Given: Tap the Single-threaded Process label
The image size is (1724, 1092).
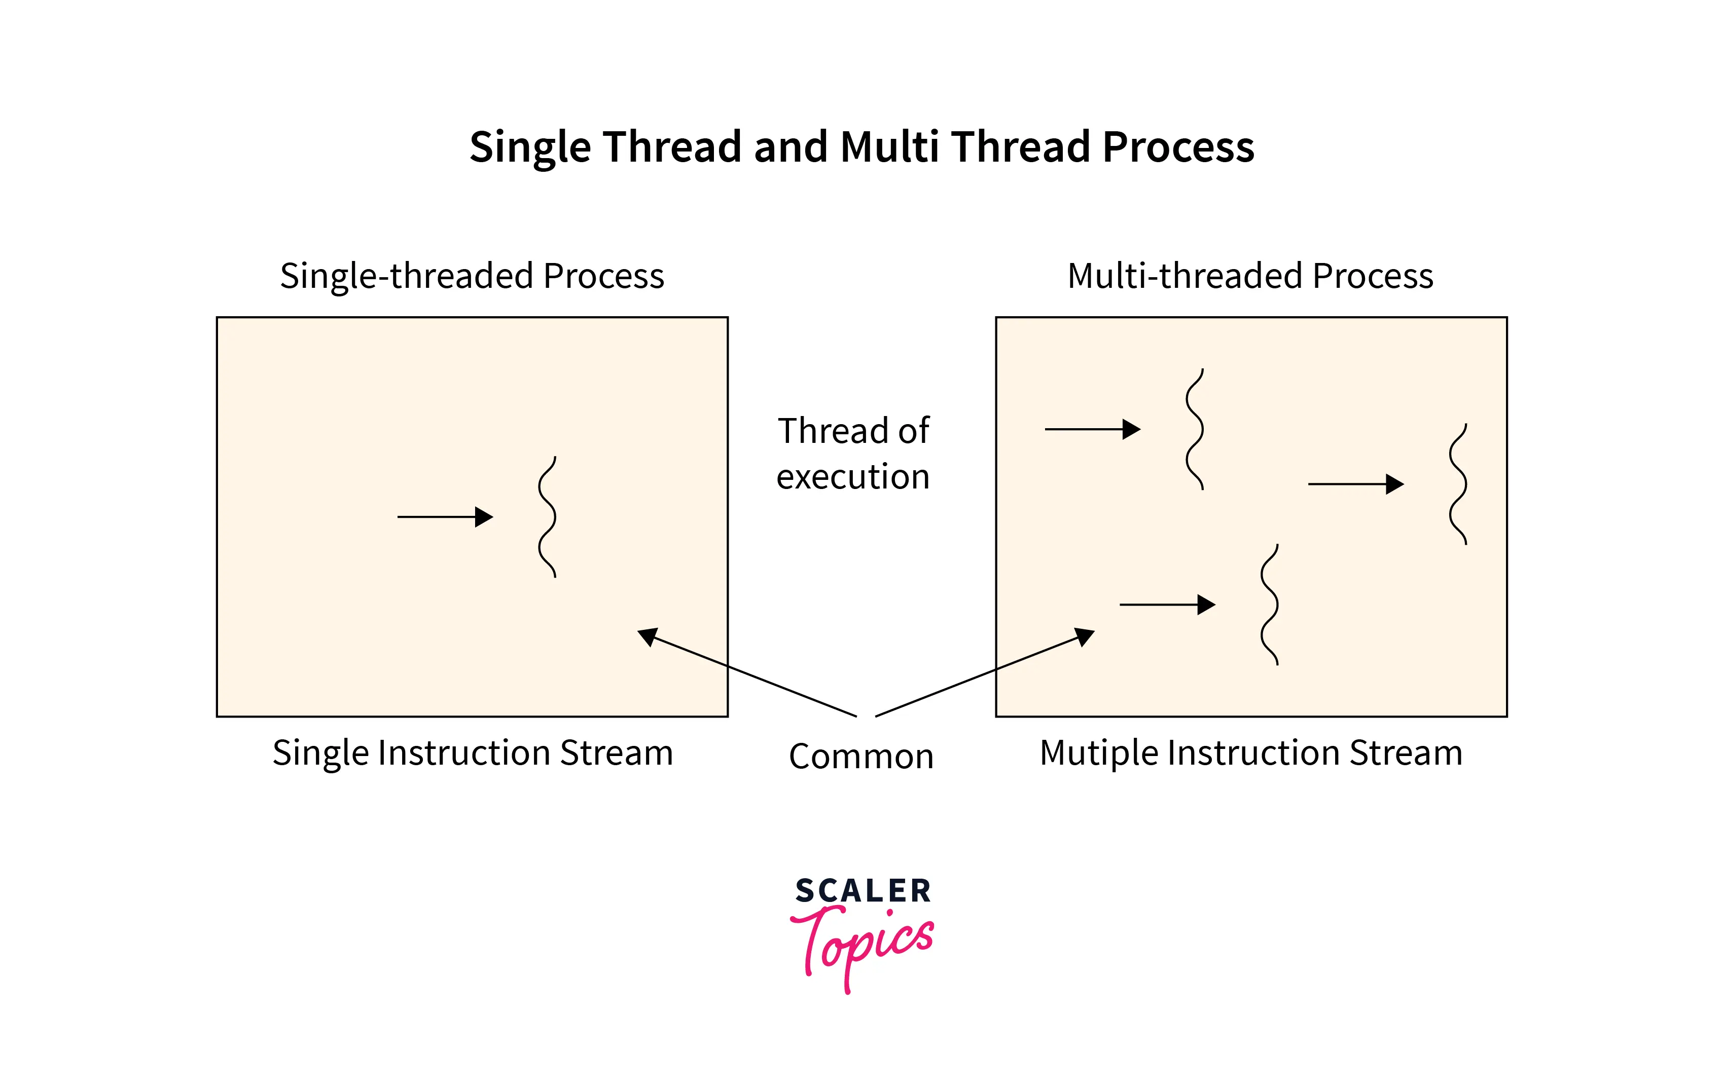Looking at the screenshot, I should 472,276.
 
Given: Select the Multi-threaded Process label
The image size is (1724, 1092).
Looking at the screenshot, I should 1250,276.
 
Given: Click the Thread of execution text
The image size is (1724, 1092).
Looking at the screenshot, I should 853,454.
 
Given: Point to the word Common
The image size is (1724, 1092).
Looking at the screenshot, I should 861,757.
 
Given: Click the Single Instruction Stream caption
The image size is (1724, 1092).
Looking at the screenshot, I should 473,753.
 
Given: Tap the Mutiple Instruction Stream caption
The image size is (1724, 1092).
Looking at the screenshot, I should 1251,753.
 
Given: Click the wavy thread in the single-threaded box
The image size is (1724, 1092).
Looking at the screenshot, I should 548,517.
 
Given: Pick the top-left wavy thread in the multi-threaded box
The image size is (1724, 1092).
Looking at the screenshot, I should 1195,429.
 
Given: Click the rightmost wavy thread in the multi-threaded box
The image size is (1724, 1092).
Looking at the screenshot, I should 1458,484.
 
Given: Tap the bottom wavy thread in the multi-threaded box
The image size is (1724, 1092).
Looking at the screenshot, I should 1269,605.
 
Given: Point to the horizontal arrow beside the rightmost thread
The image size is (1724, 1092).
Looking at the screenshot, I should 1355,484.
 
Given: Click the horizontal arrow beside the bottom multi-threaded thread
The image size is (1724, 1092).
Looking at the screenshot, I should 1167,605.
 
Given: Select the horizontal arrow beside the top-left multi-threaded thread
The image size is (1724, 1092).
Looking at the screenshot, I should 1093,429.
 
